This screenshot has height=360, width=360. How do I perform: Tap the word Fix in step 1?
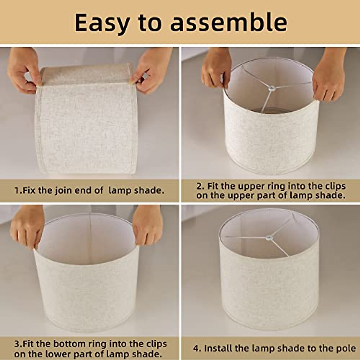[29, 190]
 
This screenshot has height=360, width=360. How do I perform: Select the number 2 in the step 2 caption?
[199, 186]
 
